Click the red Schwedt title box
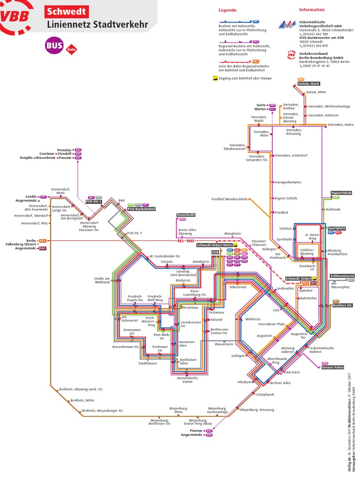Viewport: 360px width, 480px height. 66,11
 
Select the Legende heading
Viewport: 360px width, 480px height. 227,10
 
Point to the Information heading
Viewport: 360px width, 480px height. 312,9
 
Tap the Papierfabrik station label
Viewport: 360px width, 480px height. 341,193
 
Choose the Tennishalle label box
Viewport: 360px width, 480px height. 186,215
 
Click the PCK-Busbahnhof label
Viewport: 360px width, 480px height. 141,209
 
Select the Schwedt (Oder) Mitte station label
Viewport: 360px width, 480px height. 214,245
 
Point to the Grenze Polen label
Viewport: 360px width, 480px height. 332,367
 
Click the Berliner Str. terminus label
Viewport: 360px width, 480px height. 343,305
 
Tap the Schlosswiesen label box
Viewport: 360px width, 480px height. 342,276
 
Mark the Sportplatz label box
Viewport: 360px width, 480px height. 336,228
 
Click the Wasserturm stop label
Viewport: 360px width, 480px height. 224,344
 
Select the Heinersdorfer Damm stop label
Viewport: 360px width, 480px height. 187,379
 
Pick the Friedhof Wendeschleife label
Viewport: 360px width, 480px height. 229,199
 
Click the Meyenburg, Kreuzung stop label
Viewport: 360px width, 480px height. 257,410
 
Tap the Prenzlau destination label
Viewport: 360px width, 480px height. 65,150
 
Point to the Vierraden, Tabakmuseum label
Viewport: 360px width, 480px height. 234,147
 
